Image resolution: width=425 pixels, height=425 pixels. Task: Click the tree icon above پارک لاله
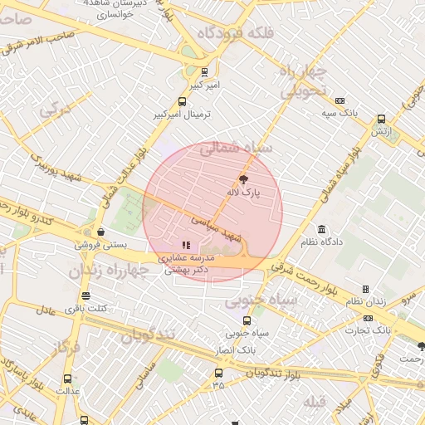coord(243,178)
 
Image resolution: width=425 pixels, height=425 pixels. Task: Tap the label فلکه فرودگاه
coord(230,34)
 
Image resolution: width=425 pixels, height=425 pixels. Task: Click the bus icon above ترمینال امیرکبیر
coord(183,101)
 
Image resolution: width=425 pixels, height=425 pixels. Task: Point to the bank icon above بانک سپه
coord(340,99)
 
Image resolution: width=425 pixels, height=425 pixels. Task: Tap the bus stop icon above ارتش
coord(381,119)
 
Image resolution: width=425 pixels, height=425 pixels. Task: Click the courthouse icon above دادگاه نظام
coord(321,229)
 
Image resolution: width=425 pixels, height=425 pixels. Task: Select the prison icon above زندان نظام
coord(342,289)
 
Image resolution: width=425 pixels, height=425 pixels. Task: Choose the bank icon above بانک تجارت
coord(368,318)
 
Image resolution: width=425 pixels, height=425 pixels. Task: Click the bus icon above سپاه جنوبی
coord(247,320)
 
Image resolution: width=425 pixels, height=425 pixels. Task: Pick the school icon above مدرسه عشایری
coord(186,245)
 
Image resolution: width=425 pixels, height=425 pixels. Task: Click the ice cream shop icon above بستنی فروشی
coord(100,232)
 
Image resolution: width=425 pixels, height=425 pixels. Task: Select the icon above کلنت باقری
coord(85,296)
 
